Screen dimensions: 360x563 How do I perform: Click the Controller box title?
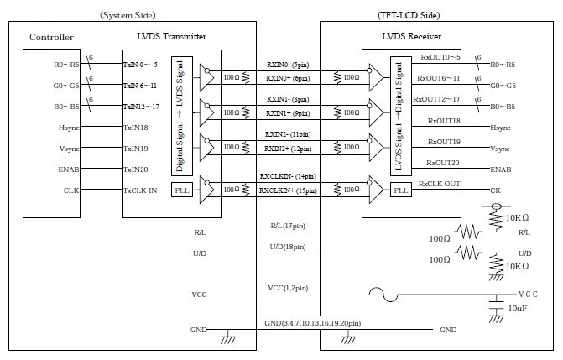pos(51,37)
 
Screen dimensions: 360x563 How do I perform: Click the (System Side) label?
pos(128,14)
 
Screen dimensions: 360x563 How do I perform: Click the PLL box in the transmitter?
pos(182,190)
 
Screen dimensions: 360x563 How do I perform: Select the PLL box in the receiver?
pos(402,191)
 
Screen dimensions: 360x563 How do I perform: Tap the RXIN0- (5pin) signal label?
pos(289,63)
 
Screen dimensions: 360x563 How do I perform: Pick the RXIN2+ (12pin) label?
pos(289,149)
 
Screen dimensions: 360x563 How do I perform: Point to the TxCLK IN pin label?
pos(140,190)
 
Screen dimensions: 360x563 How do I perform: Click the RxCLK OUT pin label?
pos(440,183)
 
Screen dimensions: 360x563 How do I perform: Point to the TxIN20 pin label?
pos(137,170)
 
